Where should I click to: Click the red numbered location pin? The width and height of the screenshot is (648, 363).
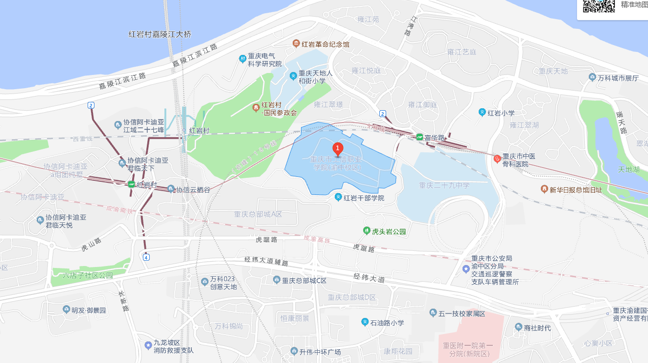[x=337, y=148]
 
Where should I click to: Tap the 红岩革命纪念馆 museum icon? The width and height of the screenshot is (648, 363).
[x=296, y=44]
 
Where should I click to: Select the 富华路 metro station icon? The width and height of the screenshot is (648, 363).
[x=419, y=137]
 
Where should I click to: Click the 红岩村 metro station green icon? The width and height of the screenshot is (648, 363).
[x=131, y=185]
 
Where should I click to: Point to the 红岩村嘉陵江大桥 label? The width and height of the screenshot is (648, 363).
[x=160, y=34]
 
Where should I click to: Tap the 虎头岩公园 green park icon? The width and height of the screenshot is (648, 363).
[x=366, y=231]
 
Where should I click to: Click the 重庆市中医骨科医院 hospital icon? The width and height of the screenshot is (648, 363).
[x=497, y=158]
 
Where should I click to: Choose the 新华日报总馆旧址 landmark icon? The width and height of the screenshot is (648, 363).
[x=544, y=189]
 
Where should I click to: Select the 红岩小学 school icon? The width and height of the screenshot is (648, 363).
[x=482, y=113]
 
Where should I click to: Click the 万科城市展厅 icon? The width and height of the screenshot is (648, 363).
[x=593, y=78]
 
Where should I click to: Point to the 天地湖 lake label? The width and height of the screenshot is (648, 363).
[x=628, y=169]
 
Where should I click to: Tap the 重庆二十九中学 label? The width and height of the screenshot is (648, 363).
[x=444, y=185]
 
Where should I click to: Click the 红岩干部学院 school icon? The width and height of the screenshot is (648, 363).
[x=338, y=197]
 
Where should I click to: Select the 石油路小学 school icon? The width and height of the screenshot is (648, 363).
[x=365, y=322]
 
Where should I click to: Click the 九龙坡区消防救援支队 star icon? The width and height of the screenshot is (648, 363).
[x=148, y=345]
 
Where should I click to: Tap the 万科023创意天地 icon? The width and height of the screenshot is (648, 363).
[x=205, y=281]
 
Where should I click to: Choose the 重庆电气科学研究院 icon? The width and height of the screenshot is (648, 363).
[x=242, y=59]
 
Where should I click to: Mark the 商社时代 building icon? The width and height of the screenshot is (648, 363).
[x=519, y=327]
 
